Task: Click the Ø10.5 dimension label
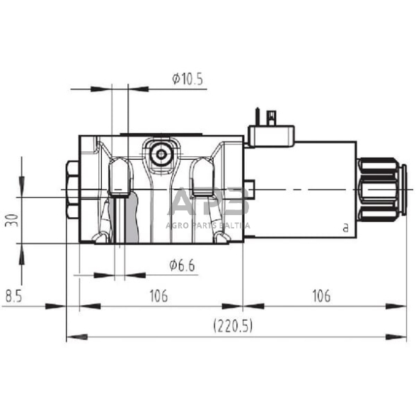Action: tap(187, 79)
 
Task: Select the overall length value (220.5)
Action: tap(233, 326)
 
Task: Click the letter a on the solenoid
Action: tap(345, 227)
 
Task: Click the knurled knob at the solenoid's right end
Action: tap(382, 190)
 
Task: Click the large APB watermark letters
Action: tap(211, 203)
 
